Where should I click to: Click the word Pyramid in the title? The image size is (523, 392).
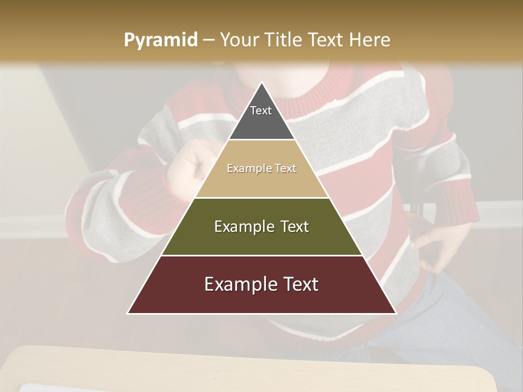pos(161,40)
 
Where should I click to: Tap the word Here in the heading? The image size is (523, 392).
pos(370,40)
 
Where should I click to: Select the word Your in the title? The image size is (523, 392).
pos(240,40)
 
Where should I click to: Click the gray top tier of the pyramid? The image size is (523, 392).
pos(261,117)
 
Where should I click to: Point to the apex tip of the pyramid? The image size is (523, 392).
pos(261,83)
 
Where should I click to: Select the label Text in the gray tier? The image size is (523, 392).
pos(261,111)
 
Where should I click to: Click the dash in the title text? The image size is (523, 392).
pos(208,40)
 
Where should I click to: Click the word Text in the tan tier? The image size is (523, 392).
pos(285,168)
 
